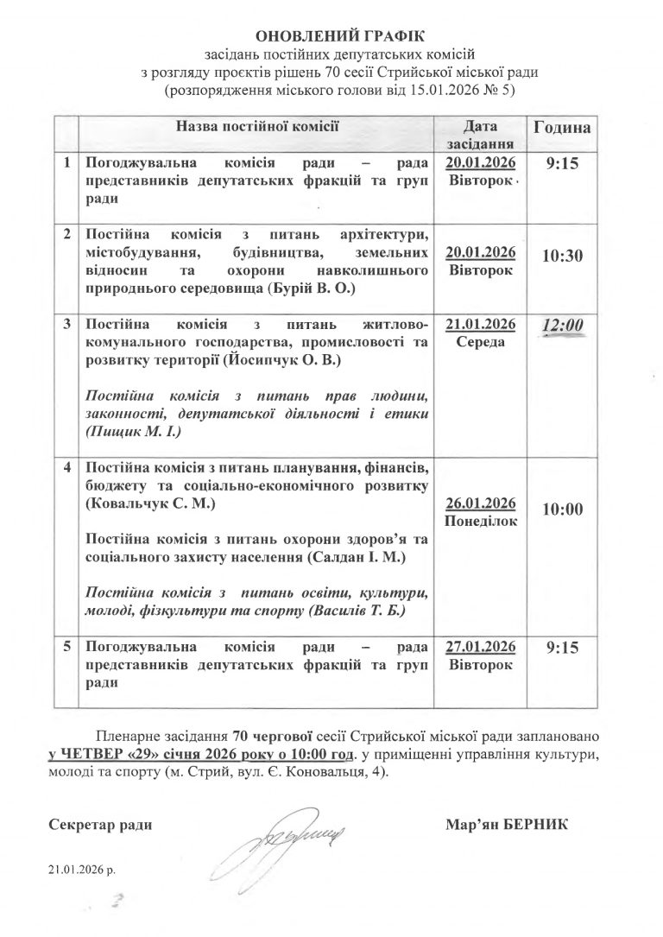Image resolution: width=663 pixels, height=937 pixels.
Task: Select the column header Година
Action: click(562, 127)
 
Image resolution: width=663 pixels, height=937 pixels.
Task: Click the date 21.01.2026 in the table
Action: click(481, 324)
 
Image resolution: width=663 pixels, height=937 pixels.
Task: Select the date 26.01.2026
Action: click(481, 504)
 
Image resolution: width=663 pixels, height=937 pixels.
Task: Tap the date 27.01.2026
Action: click(481, 648)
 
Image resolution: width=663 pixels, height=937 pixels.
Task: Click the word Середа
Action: click(481, 342)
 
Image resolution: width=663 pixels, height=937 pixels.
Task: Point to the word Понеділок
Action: click(481, 522)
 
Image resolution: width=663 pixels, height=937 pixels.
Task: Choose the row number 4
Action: click(66, 467)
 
